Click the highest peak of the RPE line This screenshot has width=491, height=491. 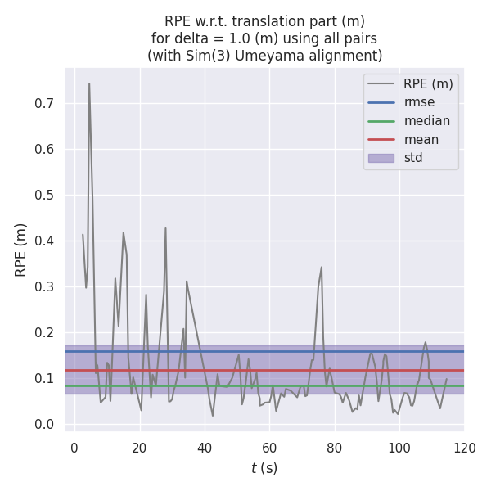tap(89, 83)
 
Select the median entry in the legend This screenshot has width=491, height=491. tap(426, 121)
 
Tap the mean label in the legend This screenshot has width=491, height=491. tap(421, 139)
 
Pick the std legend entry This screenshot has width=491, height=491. tap(413, 157)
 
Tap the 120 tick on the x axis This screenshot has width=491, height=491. tap(464, 448)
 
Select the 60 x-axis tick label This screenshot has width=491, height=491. tap(269, 448)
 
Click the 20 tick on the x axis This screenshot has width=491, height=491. tap(139, 448)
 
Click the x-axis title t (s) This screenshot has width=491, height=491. tap(264, 468)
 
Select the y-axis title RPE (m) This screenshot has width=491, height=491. tap(21, 250)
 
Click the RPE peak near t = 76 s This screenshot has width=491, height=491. tap(322, 267)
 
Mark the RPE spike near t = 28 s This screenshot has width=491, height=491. tap(165, 228)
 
